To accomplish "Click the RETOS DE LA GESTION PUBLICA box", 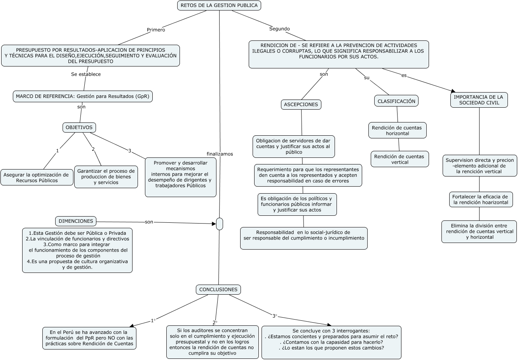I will [x=219, y=5].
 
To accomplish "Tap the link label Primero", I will [x=156, y=30].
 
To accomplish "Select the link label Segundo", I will [x=279, y=29].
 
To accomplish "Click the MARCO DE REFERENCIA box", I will [x=82, y=96].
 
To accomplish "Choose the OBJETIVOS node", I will [x=79, y=128].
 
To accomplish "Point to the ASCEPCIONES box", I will [x=301, y=105].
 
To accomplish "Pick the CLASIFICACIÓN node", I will [x=396, y=101].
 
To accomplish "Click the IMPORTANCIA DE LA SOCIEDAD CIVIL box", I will [x=479, y=100].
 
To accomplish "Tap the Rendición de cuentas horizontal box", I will [x=397, y=131].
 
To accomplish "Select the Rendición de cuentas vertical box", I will [x=399, y=159].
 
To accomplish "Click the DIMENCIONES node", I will [x=76, y=221].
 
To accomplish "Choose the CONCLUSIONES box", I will [x=218, y=290].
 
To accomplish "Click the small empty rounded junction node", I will [x=220, y=224].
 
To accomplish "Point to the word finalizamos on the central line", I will [x=220, y=154].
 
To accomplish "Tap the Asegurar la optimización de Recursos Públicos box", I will [x=37, y=178].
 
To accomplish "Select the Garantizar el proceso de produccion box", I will [x=106, y=177].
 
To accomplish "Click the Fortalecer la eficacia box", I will [x=480, y=199].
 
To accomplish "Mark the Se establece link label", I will [x=86, y=74].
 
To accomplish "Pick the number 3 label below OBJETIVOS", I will [x=130, y=151].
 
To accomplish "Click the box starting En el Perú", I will [x=89, y=338].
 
